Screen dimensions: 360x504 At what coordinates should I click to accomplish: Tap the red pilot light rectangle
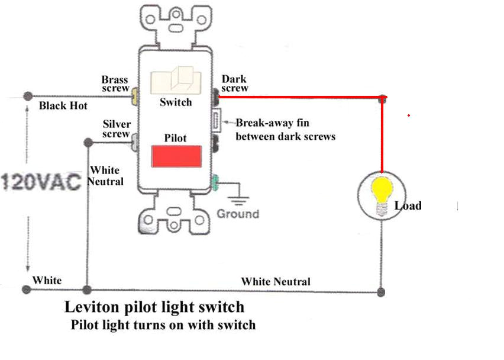pos(176,156)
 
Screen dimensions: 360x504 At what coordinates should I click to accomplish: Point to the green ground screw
pos(216,182)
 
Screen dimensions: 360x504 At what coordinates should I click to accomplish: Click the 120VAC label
pos(40,181)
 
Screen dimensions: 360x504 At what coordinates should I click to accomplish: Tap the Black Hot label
pos(63,106)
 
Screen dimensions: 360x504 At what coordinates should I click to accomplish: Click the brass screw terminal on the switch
pos(135,95)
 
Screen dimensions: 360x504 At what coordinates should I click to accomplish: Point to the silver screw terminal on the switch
pos(135,140)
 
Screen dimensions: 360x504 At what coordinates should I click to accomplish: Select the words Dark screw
pos(235,83)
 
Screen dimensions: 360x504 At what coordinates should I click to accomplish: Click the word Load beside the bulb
pos(408,206)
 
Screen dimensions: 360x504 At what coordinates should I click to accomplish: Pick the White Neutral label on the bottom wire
pos(275,282)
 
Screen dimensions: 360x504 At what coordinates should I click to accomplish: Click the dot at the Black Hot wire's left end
pos(27,96)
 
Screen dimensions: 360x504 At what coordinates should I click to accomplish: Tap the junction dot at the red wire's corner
pos(383,98)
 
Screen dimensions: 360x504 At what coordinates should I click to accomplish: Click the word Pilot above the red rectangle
pos(175,138)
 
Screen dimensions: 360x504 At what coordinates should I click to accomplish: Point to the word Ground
pos(238,214)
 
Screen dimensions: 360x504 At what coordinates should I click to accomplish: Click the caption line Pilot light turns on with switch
pos(163,325)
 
